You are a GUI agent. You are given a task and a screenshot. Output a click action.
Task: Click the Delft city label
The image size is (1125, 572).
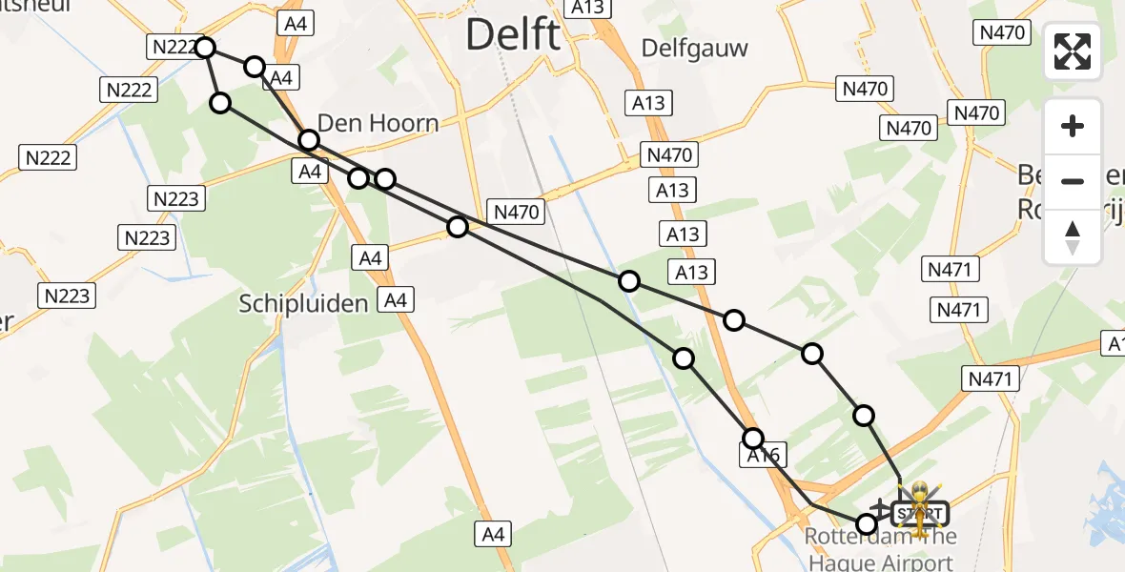513,36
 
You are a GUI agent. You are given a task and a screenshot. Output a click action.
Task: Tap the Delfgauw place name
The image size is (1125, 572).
694,48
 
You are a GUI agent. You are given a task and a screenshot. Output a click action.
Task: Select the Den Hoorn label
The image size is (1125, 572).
378,123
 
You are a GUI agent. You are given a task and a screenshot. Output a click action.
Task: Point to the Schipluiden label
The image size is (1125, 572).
303,304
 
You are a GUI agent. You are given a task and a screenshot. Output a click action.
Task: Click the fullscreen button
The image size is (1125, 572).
1073,51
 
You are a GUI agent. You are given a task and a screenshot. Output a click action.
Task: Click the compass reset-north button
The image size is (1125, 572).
1073,237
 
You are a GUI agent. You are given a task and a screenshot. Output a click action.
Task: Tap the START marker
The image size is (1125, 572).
920,513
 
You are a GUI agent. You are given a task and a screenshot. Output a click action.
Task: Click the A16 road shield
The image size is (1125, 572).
763,457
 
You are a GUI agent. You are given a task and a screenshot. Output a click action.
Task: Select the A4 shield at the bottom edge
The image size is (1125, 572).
493,535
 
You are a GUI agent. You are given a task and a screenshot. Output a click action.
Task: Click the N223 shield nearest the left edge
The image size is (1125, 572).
67,296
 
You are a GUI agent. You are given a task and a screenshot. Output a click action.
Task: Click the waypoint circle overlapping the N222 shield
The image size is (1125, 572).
205,48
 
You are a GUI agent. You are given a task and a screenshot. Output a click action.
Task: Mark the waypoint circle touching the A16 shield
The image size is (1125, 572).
753,439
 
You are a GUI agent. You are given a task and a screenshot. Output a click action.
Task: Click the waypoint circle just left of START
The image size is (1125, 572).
867,523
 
